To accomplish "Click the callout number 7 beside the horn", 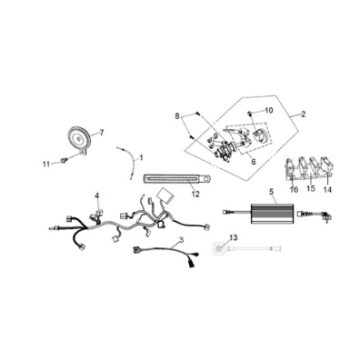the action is tap(102, 133).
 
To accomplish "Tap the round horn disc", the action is tap(79, 138).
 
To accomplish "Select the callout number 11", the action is tap(46, 164).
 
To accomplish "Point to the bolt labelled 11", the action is tap(64, 161).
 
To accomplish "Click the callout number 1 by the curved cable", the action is tap(141, 157).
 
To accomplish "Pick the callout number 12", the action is tap(196, 194).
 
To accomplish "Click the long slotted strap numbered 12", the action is tap(177, 179).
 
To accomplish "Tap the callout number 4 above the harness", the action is tap(97, 196).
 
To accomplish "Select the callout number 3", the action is tap(181, 239).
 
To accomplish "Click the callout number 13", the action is tap(234, 237).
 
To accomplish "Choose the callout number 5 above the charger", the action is tap(271, 191).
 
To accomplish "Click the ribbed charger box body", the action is tap(272, 212).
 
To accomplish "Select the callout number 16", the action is tap(294, 189).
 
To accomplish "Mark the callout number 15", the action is tap(311, 189).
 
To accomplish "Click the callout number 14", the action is tap(328, 189).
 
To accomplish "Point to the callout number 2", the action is tap(303, 114).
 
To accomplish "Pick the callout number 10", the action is tap(269, 110).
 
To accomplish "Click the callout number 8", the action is tap(177, 116).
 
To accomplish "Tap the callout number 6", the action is tap(254, 162).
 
